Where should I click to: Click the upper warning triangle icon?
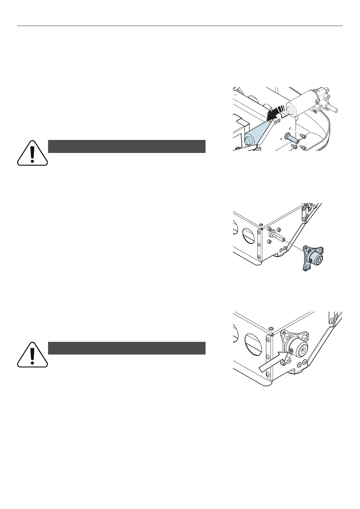32,153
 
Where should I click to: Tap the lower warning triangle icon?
32,355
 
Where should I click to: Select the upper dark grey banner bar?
127,146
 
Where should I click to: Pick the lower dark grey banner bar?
127,348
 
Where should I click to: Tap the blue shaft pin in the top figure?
290,138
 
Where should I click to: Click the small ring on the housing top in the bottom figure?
271,329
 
